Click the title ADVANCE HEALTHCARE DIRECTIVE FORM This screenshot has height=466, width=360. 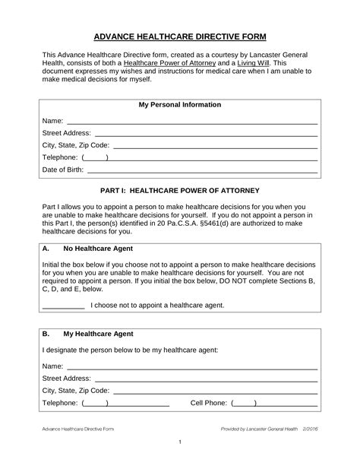(x=179, y=36)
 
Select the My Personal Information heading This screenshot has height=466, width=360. (x=179, y=104)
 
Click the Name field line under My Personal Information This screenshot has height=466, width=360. (x=191, y=122)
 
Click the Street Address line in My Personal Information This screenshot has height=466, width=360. (x=205, y=134)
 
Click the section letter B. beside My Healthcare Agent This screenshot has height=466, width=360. (x=46, y=333)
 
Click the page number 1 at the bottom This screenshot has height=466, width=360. (x=179, y=443)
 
